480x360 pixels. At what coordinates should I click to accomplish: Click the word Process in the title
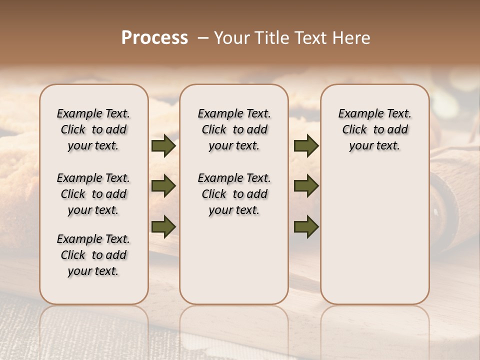(154, 37)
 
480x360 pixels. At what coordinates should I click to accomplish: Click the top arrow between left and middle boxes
(163, 146)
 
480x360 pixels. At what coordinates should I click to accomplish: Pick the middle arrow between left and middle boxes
(163, 186)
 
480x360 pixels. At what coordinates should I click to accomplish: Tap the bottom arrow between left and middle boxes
(163, 226)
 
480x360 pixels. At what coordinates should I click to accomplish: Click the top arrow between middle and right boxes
(306, 146)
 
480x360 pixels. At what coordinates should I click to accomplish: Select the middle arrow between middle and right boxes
(306, 186)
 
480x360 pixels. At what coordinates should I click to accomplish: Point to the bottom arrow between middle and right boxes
(306, 226)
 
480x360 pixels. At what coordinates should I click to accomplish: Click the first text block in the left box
(93, 129)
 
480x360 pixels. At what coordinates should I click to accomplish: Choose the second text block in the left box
(93, 194)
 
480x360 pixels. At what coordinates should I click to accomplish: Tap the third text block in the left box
(93, 255)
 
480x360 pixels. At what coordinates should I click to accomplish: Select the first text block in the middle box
(234, 129)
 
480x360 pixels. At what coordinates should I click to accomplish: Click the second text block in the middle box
(234, 194)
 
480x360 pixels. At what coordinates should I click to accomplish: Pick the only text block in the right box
(374, 129)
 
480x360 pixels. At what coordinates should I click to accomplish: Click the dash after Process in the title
(203, 38)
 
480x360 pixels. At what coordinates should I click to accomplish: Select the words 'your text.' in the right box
(374, 146)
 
